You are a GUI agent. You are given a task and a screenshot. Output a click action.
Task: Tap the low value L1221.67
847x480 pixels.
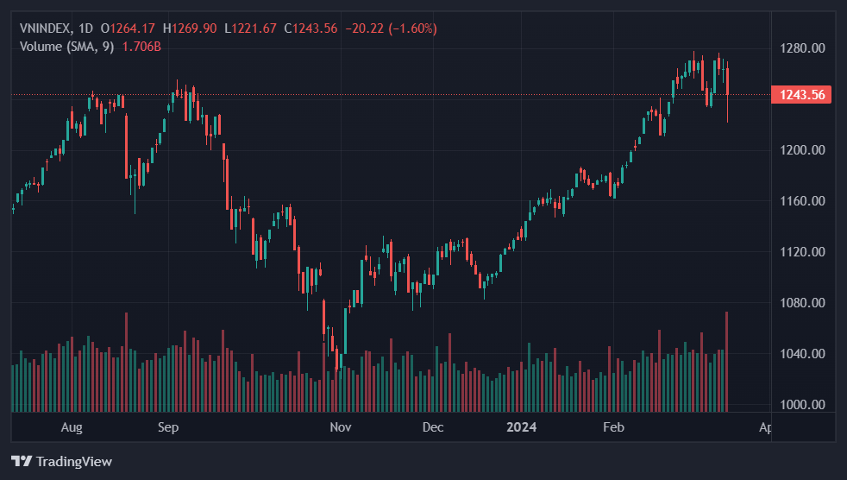(x=250, y=28)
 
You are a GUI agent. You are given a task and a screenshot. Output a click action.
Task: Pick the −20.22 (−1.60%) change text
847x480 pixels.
(x=391, y=28)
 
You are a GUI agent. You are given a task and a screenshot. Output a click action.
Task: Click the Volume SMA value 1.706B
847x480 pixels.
(x=142, y=46)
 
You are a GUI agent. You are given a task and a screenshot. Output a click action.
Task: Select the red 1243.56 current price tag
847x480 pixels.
(x=801, y=95)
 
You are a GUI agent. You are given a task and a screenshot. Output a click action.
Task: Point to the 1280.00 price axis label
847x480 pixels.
(x=801, y=47)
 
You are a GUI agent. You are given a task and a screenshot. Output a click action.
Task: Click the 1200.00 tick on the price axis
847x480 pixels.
(x=801, y=150)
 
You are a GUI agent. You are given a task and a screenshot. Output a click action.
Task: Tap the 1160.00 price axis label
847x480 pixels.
(x=801, y=201)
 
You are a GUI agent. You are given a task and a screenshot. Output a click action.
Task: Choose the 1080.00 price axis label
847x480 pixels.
(x=801, y=303)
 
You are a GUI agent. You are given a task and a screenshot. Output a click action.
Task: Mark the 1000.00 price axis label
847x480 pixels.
(x=801, y=405)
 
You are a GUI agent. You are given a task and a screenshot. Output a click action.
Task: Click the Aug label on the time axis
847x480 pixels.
(x=72, y=427)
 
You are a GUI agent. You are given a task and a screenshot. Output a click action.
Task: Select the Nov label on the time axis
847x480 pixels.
(x=341, y=427)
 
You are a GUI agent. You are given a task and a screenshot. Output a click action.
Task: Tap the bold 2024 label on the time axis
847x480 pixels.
(x=522, y=427)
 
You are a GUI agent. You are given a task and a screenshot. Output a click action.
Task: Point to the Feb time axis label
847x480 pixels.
(x=613, y=427)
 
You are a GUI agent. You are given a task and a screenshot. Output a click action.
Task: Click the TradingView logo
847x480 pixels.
(x=61, y=461)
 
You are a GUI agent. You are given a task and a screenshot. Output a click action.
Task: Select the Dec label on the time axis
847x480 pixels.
(x=433, y=427)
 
